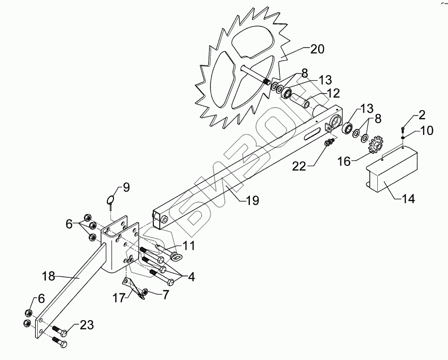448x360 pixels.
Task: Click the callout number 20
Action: click(x=317, y=49)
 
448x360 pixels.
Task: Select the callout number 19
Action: click(x=252, y=201)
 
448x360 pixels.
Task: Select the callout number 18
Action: click(x=48, y=275)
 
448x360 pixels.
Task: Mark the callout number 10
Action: click(x=427, y=130)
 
